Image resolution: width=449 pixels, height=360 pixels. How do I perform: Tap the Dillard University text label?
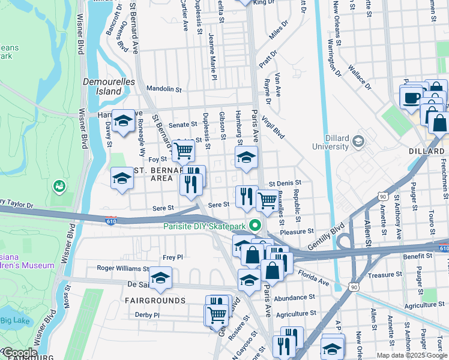331,142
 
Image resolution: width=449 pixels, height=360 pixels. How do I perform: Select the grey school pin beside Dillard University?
359,142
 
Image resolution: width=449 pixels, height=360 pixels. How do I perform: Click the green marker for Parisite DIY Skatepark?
256,226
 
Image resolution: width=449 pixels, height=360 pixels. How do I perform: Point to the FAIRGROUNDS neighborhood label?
155,299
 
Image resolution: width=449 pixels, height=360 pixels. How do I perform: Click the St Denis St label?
285,182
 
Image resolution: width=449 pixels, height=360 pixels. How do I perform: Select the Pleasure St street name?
297,230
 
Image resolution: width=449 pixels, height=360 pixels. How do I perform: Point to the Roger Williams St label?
123,269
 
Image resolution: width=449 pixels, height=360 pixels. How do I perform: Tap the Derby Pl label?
147,314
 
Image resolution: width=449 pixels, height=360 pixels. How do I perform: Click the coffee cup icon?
412,97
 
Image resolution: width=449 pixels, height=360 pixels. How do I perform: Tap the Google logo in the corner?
19,353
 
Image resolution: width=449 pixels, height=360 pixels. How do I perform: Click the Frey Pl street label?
172,257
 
